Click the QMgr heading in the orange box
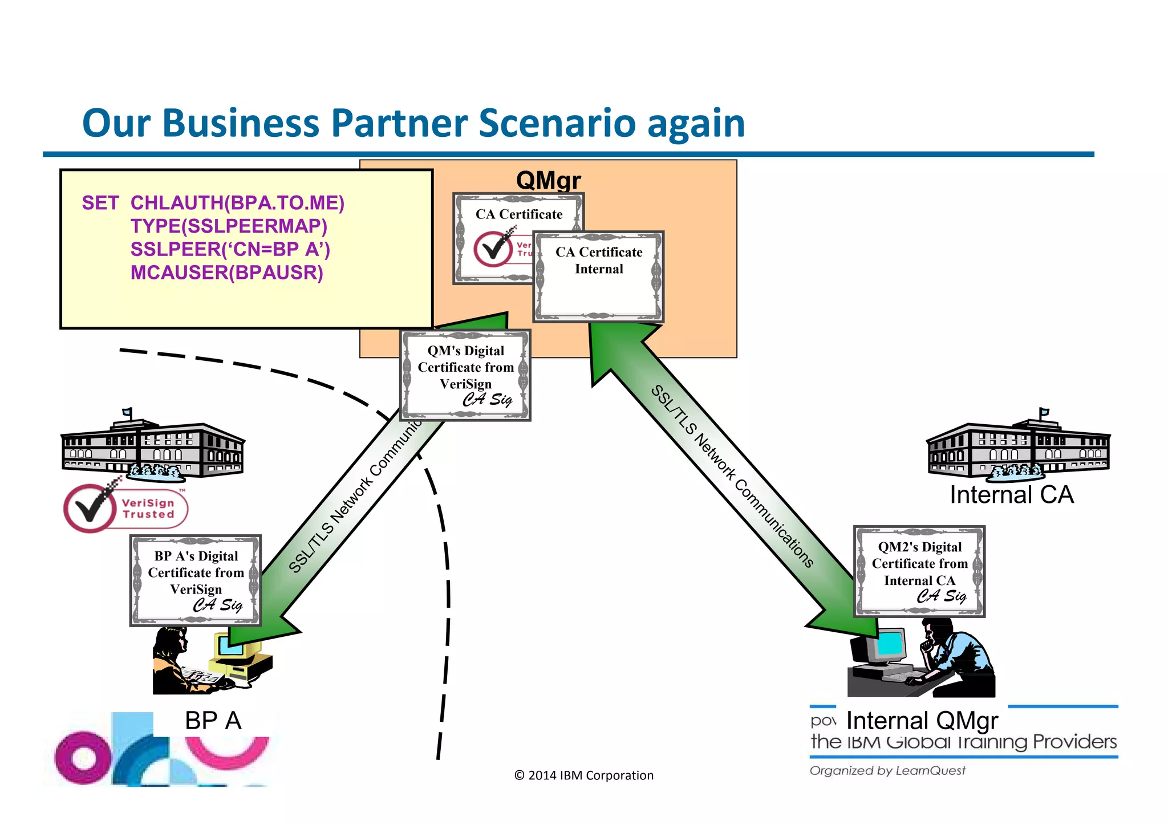tap(548, 180)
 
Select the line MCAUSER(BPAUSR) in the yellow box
tap(226, 273)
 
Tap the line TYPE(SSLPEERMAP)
tap(229, 226)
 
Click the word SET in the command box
tap(100, 203)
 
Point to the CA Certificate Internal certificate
tap(599, 277)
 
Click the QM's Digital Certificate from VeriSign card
tap(465, 375)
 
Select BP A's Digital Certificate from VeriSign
tap(196, 580)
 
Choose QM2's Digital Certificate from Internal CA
tap(919, 571)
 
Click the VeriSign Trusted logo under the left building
tap(125, 507)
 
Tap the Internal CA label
tap(1011, 494)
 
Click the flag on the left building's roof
tap(128, 412)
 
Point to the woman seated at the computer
tap(174, 661)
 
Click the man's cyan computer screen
tap(891, 643)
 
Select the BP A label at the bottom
tap(213, 721)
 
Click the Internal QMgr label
tap(922, 721)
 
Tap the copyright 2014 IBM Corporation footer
tap(583, 775)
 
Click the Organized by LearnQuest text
tap(887, 771)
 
